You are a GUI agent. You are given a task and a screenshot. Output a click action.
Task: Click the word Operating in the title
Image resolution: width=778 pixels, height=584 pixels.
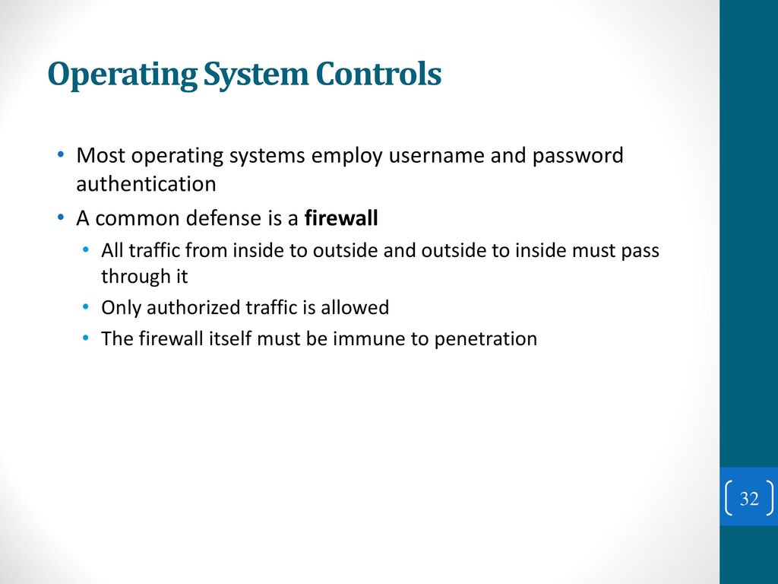click(x=122, y=75)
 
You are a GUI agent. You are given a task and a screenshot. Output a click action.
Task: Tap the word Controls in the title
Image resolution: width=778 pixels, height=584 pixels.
click(x=378, y=74)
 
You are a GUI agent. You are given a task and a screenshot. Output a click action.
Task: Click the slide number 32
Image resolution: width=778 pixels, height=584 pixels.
click(x=749, y=498)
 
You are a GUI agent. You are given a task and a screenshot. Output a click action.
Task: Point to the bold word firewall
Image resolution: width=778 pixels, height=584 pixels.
click(x=341, y=218)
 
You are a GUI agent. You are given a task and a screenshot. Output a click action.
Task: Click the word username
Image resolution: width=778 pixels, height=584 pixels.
click(x=436, y=155)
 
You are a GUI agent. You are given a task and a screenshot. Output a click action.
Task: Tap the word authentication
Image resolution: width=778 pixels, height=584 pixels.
click(x=147, y=184)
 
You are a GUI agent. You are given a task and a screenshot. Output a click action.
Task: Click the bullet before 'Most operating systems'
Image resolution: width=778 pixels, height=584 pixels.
click(x=61, y=154)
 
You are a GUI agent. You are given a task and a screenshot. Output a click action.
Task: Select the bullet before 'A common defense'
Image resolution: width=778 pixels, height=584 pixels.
click(x=61, y=217)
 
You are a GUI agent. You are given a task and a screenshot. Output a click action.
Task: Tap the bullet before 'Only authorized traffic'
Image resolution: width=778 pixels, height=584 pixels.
click(x=87, y=307)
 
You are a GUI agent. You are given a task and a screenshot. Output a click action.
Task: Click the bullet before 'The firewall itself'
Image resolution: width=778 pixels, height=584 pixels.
click(x=87, y=338)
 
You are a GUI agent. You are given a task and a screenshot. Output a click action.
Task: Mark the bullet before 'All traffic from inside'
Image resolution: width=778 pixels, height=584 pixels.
click(x=87, y=249)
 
